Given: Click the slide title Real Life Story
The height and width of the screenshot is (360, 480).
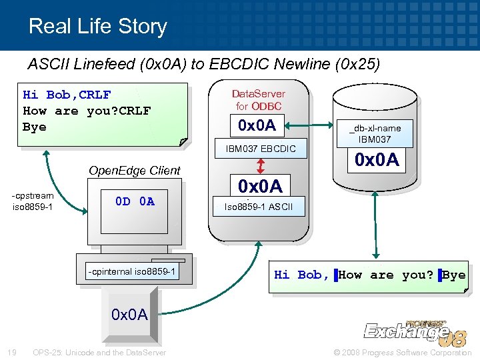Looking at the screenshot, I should click(x=97, y=26).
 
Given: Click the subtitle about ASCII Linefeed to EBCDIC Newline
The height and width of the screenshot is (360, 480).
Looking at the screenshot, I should click(x=203, y=65).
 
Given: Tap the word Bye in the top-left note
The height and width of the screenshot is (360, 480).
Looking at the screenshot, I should click(x=35, y=127).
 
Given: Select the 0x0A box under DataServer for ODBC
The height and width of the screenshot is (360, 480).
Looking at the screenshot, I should click(x=257, y=124).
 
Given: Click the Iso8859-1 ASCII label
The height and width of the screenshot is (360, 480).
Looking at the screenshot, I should click(x=258, y=207).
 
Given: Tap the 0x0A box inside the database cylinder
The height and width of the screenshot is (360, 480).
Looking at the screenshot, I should click(x=377, y=160).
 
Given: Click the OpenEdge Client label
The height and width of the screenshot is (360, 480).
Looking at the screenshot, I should click(x=135, y=170).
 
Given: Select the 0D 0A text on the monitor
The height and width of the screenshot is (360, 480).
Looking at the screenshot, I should click(x=135, y=201).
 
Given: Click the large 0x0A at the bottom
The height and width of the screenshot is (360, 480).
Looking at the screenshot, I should click(x=129, y=314).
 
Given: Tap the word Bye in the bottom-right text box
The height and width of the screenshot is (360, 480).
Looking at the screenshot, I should click(x=453, y=275).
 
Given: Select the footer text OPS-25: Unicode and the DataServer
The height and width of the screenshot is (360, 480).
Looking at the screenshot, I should click(x=99, y=352).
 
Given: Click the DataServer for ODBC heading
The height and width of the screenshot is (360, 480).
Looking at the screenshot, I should click(x=258, y=100).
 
